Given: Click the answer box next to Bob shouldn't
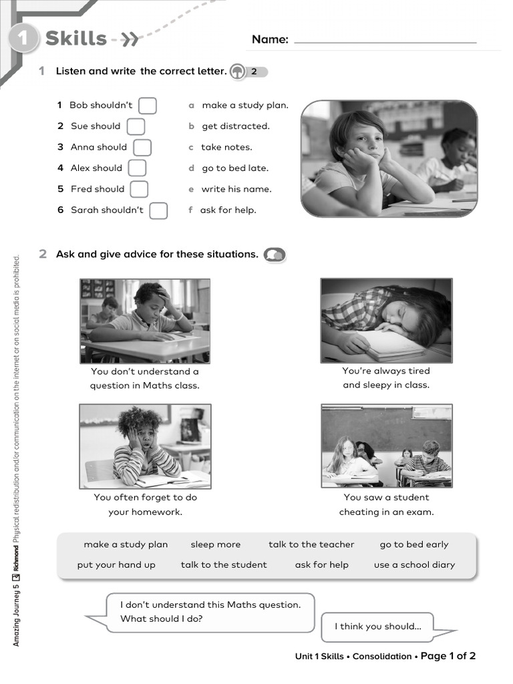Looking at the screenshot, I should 148,106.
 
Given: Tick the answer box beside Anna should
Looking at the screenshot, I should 142,148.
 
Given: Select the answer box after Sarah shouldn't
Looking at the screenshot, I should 158,210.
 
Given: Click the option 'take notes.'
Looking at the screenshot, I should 226,147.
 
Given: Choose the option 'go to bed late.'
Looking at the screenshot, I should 234,168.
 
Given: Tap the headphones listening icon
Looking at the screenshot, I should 237,71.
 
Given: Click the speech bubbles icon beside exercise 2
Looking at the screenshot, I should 274,254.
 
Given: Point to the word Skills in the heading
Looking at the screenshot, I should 76,39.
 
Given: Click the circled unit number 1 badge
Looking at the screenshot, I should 23,39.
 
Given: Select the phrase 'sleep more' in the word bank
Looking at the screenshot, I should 215,544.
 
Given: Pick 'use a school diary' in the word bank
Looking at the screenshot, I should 414,564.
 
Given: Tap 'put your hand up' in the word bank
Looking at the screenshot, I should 116,564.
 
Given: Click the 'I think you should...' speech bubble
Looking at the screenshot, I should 378,627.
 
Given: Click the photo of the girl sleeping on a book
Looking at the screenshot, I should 386,321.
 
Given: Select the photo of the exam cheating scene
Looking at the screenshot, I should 386,446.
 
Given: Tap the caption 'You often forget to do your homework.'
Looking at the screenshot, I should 145,504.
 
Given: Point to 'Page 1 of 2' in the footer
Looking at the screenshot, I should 448,656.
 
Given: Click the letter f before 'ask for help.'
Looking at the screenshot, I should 190,210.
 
